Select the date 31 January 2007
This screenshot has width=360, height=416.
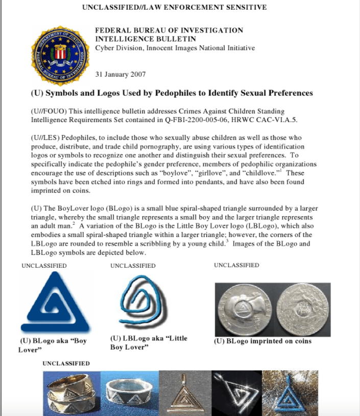point(121,75)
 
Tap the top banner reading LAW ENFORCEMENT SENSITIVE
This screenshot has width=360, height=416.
point(207,8)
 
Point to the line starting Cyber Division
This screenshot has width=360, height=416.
point(175,48)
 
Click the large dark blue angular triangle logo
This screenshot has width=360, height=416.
point(55,304)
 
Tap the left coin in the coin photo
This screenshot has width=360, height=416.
point(244,309)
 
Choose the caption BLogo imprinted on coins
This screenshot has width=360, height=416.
point(262,341)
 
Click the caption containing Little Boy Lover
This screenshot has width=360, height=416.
point(148,342)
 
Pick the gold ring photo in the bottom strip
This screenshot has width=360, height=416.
point(71,393)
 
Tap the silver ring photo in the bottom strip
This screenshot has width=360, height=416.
point(130,393)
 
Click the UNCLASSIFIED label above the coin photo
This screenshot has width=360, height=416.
point(236,265)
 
